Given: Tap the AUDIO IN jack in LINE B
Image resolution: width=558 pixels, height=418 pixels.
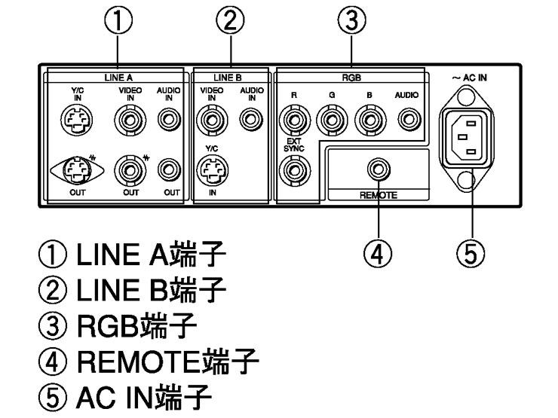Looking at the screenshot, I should click(247, 117).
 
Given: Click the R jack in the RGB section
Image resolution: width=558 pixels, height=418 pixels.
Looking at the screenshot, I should click(293, 118).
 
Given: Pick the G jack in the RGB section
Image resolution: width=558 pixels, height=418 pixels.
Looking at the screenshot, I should click(330, 118).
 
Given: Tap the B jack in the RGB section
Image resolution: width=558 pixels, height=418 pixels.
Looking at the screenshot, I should click(368, 118).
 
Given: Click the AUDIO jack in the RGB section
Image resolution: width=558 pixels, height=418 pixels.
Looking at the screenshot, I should click(408, 117).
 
